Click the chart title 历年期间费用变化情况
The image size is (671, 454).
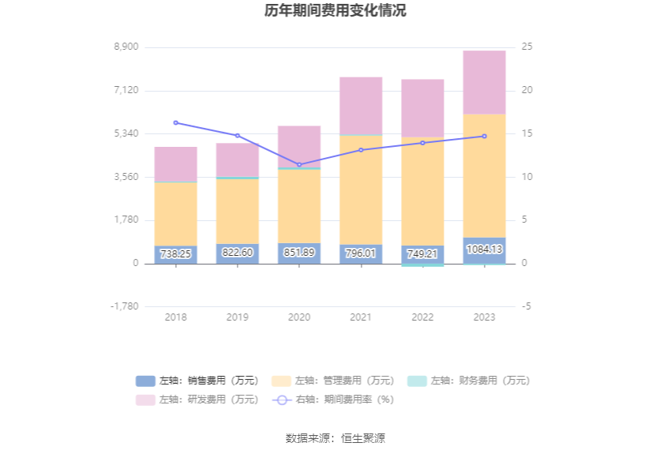pos(335,11)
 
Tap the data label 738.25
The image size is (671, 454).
pos(175,254)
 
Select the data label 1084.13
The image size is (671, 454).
pos(484,250)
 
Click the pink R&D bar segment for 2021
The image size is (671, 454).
pos(361,106)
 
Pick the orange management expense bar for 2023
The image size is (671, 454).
pos(484,175)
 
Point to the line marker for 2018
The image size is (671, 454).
pos(175,122)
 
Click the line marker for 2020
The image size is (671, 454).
pos(299,164)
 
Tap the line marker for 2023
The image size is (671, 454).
pos(484,136)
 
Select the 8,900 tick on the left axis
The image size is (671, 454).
pos(126,47)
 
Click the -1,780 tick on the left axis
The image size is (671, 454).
pos(124,306)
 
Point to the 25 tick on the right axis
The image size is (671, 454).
pos(527,47)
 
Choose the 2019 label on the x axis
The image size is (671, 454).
pos(237,317)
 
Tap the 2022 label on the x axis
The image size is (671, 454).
pos(422,317)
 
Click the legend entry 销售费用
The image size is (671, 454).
pos(197,381)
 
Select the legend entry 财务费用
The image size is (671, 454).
pos(468,381)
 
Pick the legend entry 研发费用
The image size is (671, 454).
pos(197,400)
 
